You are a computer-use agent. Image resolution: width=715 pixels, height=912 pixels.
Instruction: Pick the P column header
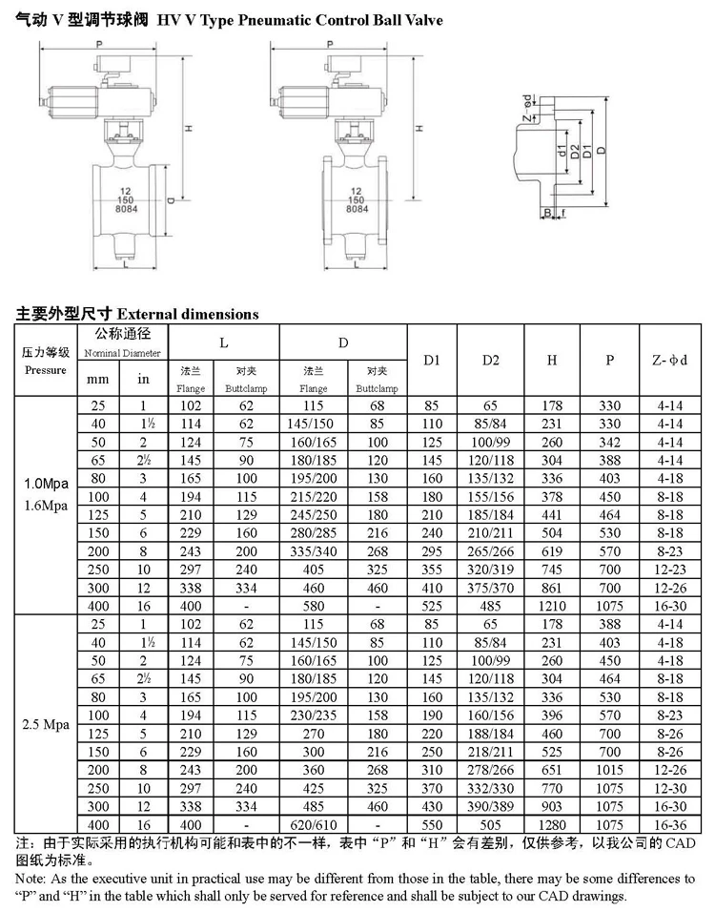click(x=610, y=360)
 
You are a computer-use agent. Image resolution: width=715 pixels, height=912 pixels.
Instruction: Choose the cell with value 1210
click(x=552, y=605)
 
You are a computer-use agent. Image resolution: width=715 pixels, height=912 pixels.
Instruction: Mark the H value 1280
click(x=552, y=821)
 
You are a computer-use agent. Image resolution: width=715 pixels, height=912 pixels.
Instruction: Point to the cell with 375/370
click(x=491, y=588)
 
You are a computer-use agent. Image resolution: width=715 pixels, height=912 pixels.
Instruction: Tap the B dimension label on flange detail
click(x=548, y=212)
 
